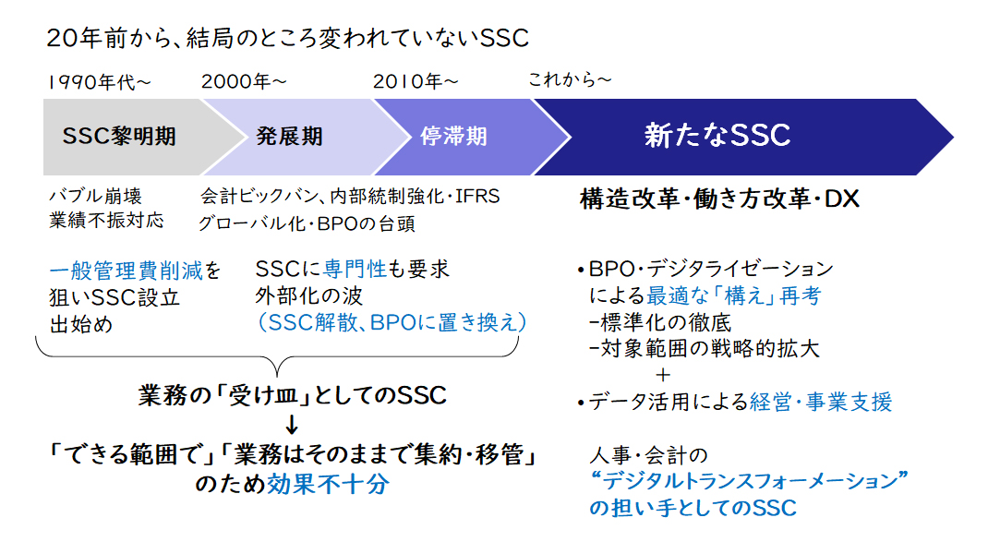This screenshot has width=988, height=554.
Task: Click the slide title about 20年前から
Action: pos(287,39)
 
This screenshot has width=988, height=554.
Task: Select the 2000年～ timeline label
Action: pos(245,81)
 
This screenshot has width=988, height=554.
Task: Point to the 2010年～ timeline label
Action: pos(416,81)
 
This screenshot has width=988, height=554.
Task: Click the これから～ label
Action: pos(570,79)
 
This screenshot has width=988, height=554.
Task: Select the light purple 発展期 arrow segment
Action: pos(296,137)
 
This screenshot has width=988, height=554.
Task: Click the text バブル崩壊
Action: pos(96,196)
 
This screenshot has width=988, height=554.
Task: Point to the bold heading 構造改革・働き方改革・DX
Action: pos(719,199)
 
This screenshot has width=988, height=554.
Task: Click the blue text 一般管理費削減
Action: pos(126,271)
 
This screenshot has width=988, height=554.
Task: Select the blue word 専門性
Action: pos(355,269)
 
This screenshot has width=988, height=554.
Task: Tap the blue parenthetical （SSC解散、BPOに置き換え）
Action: pos(392,322)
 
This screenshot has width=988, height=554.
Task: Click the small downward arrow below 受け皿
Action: pos(291,424)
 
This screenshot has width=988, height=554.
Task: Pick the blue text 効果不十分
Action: pos(329,484)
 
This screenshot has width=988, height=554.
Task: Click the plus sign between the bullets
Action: pos(662,375)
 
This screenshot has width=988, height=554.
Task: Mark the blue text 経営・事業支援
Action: pos(821,402)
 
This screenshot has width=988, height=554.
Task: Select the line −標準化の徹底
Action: pos(659,322)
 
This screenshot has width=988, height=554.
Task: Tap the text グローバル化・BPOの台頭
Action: pos(307,223)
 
